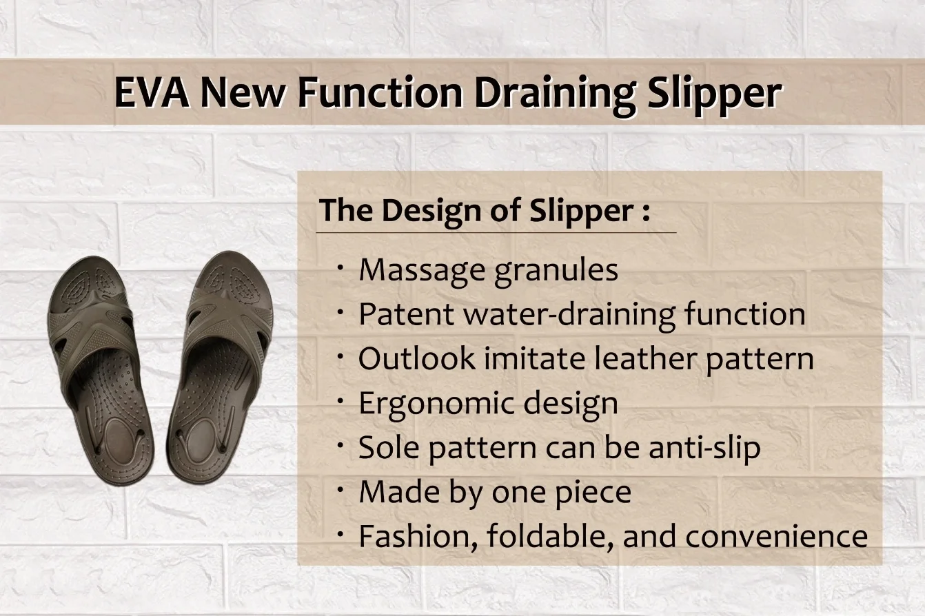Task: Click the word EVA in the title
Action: click(x=152, y=93)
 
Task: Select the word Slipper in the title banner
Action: click(x=714, y=93)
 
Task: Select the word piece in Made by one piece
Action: click(x=595, y=492)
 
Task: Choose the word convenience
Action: click(x=776, y=537)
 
